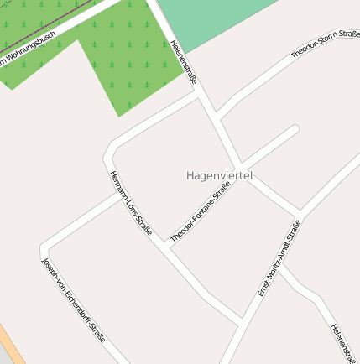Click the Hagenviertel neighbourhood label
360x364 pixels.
coord(219,175)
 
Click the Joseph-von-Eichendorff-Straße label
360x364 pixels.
coord(73,300)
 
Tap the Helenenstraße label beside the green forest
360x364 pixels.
coord(183,62)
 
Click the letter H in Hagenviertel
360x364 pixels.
coord(190,175)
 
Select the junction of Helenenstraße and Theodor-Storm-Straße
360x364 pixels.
coord(217,117)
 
